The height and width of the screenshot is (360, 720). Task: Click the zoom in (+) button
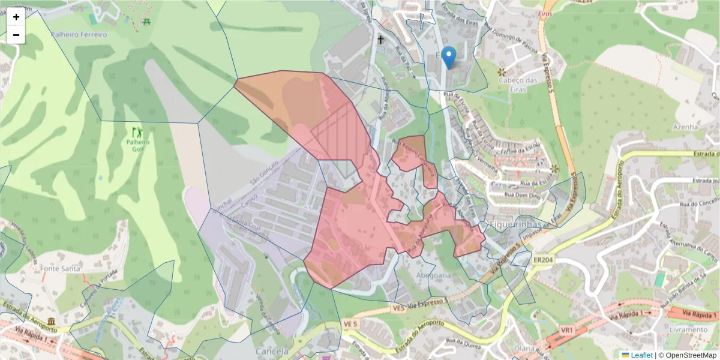tap(16, 17)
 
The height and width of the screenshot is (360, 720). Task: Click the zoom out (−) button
tap(16, 35)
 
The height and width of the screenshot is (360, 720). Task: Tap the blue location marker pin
tap(448, 58)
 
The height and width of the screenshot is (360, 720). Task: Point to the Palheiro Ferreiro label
tap(79, 35)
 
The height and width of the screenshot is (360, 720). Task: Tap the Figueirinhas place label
tap(515, 224)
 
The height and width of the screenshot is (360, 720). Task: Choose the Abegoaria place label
tap(433, 275)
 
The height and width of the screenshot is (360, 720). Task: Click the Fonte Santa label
tap(61, 269)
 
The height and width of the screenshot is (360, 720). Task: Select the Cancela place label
tap(271, 351)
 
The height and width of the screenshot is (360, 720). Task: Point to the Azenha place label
tap(685, 127)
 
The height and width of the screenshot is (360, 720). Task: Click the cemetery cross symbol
tap(380, 40)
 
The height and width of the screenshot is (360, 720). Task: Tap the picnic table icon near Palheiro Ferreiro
tap(147, 22)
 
